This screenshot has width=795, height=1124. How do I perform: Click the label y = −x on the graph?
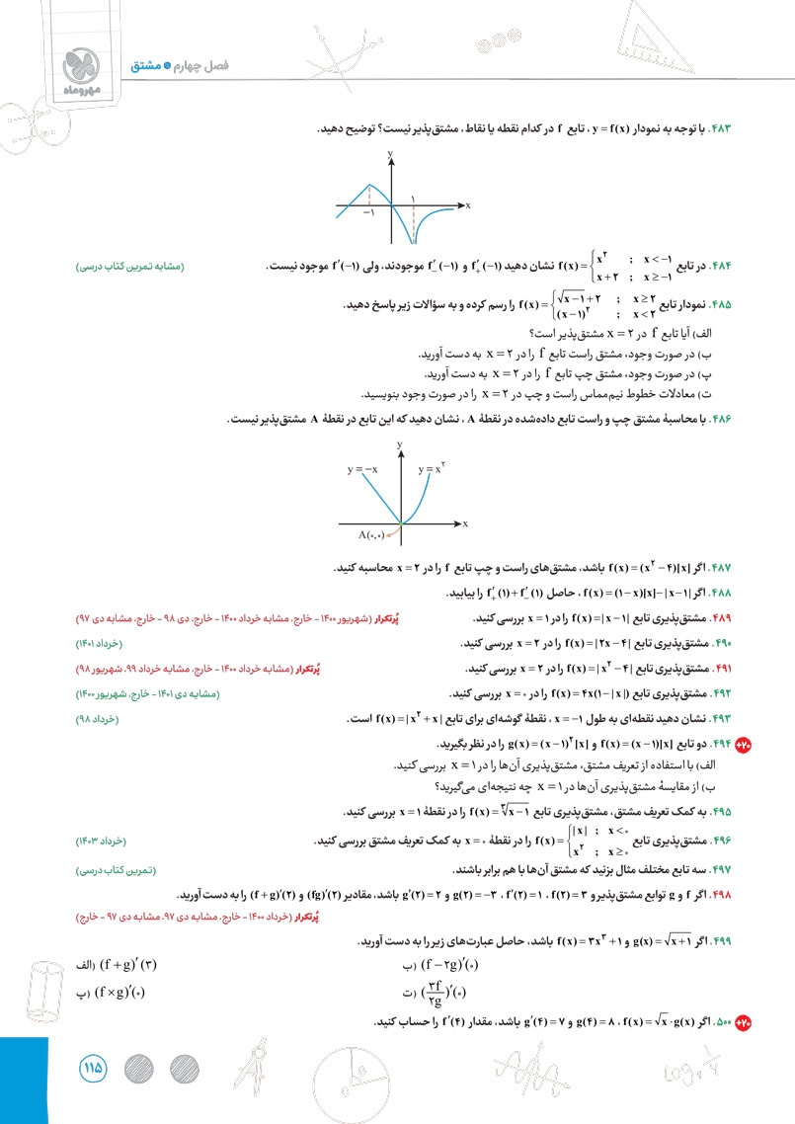tap(362, 470)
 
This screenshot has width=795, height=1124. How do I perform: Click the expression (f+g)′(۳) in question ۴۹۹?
tap(127, 965)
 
